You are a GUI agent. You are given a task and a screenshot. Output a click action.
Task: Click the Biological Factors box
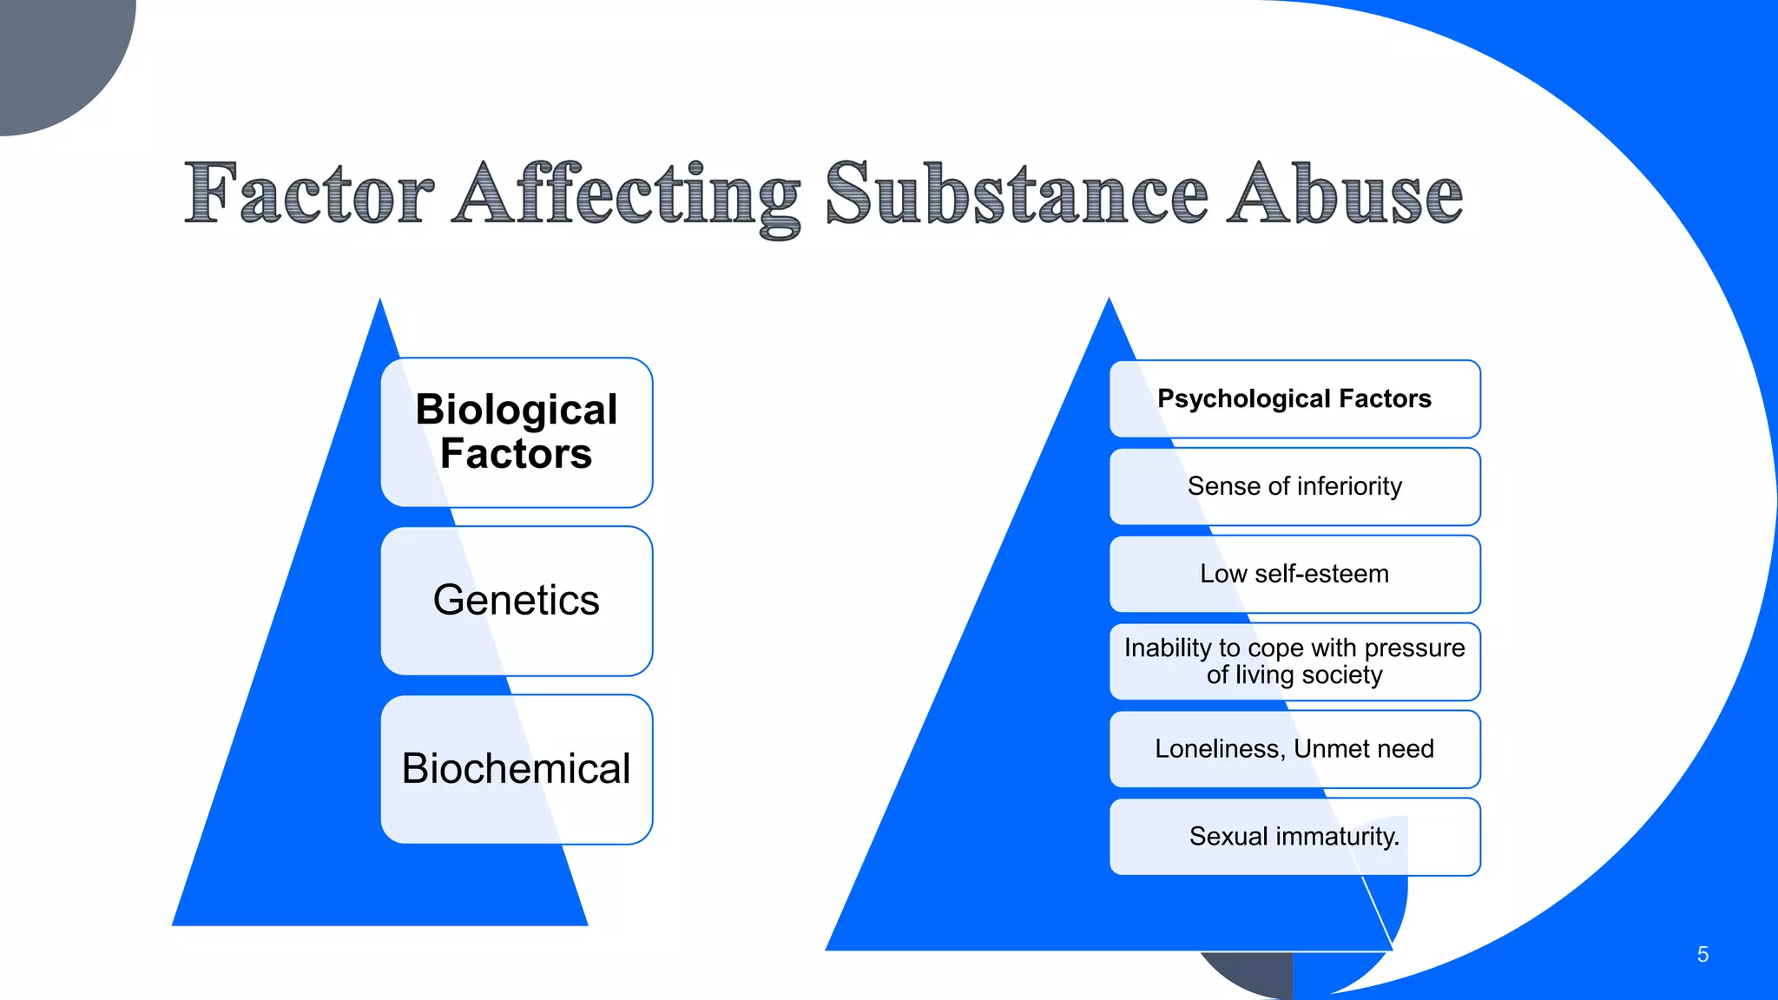click(x=517, y=432)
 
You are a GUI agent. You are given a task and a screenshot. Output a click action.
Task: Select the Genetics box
click(x=517, y=601)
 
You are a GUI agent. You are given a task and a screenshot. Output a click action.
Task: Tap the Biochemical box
click(x=517, y=769)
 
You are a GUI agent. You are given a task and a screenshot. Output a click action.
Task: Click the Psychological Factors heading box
click(x=1294, y=399)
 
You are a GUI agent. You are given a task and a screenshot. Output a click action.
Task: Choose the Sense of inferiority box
click(x=1294, y=487)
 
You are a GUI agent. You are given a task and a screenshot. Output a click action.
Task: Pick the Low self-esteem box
click(x=1294, y=574)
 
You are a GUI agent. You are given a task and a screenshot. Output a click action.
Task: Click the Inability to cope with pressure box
click(x=1294, y=661)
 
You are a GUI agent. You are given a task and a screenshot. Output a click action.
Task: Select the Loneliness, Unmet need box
click(x=1294, y=749)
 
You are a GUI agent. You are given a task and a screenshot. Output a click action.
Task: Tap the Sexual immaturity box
click(x=1294, y=837)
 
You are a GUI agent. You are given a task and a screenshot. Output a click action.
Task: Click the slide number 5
click(x=1702, y=955)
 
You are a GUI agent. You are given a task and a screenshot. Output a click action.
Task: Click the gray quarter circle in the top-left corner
click(x=52, y=52)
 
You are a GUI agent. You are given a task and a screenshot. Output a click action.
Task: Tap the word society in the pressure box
click(x=1342, y=675)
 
